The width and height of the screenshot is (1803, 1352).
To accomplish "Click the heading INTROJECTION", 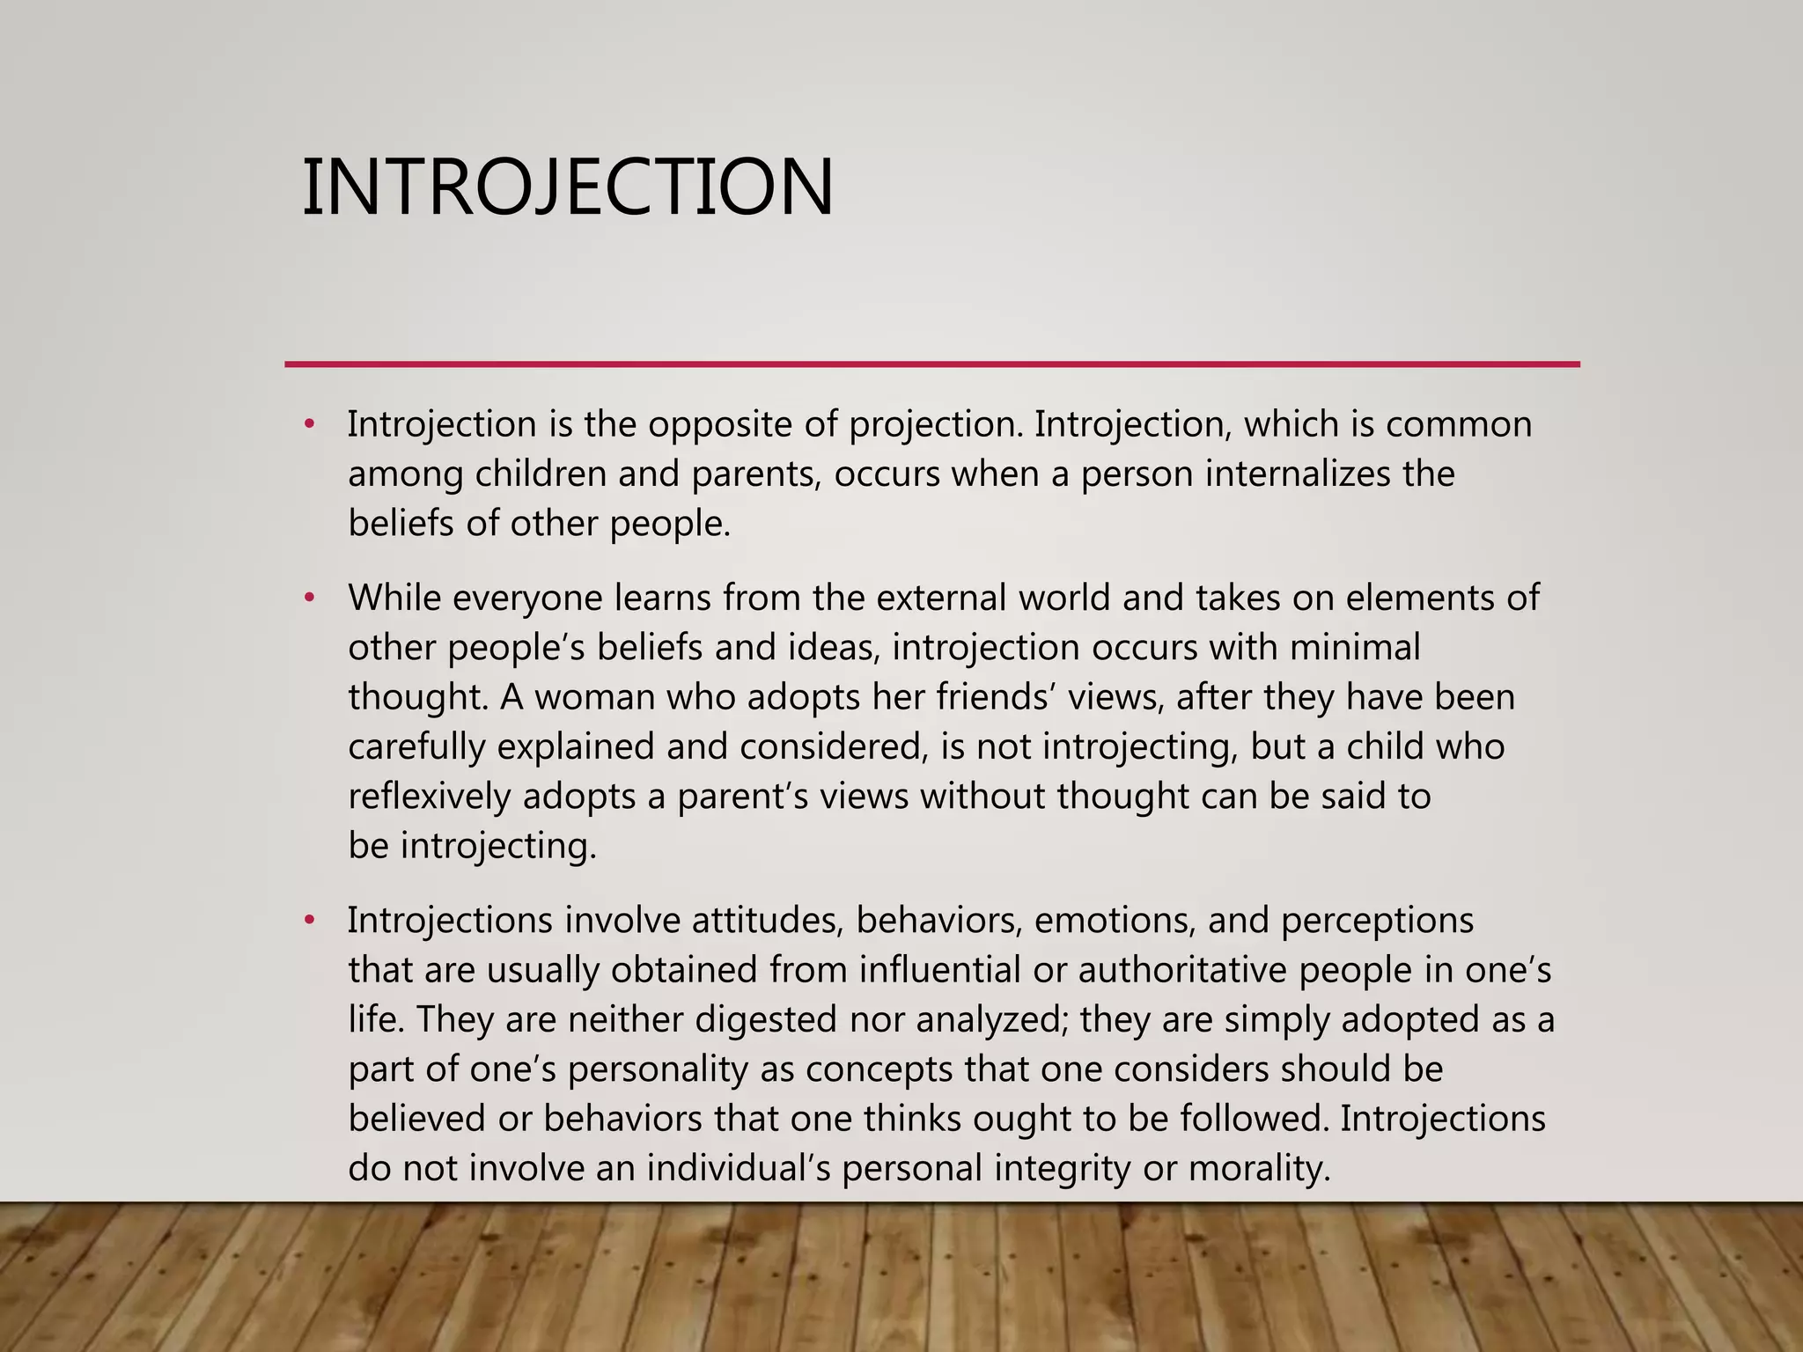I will click(568, 187).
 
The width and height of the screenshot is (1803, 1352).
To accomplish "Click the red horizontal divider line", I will click(931, 364).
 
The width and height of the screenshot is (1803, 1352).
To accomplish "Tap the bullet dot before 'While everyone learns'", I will click(308, 599).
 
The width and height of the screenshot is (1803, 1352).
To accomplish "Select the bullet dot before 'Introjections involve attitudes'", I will click(308, 921).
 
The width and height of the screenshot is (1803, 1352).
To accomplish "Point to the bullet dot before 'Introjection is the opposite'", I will click(308, 425).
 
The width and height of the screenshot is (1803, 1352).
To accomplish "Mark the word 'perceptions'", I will click(1377, 921).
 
